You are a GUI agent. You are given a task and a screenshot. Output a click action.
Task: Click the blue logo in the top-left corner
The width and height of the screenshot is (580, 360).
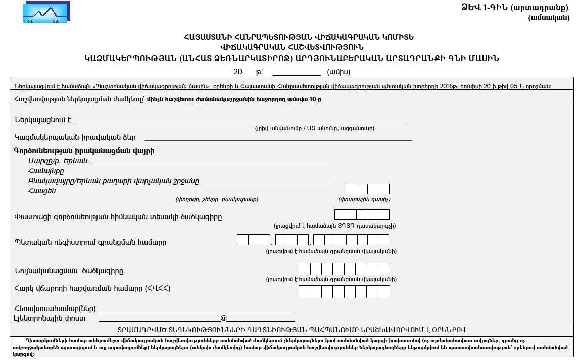[x=46, y=12]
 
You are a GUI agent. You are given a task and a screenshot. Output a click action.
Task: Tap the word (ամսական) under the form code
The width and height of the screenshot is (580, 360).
[x=549, y=18]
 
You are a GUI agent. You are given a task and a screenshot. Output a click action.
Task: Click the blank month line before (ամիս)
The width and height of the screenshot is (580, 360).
[x=297, y=72]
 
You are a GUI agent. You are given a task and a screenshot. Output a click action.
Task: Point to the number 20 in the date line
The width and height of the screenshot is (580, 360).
[x=238, y=72]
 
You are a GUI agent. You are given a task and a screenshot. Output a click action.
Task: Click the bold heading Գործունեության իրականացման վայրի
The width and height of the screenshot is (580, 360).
[x=84, y=151]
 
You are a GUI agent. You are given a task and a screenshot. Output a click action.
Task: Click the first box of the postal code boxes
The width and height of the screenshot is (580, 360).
[x=351, y=189]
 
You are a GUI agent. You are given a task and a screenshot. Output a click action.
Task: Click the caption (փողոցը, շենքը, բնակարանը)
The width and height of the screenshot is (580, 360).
[x=217, y=199]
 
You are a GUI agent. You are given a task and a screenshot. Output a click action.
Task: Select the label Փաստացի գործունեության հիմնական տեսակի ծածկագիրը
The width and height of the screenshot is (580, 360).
[x=118, y=217]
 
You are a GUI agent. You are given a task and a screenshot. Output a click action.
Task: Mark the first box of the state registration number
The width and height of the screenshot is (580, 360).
[x=243, y=240]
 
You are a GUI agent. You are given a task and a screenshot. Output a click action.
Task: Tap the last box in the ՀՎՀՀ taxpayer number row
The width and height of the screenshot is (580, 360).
[x=384, y=292]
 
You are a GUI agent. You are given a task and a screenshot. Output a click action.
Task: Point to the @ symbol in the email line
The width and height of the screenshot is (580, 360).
[x=224, y=318]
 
